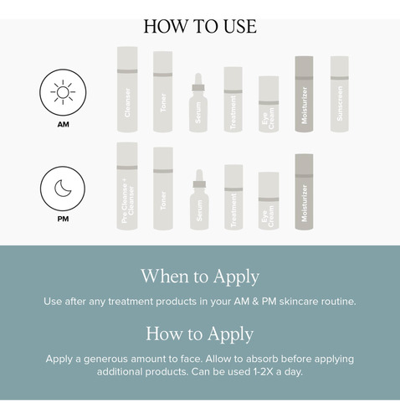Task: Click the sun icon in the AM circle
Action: pyautogui.click(x=63, y=92)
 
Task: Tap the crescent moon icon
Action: pyautogui.click(x=63, y=189)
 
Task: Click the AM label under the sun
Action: pyautogui.click(x=64, y=124)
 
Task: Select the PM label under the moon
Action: pyautogui.click(x=63, y=219)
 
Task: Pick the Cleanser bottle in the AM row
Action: pyautogui.click(x=127, y=89)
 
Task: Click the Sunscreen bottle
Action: pyautogui.click(x=340, y=94)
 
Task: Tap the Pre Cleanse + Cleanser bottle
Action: pyautogui.click(x=127, y=186)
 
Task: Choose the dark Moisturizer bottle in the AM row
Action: pyautogui.click(x=304, y=94)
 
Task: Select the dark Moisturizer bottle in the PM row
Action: pyautogui.click(x=304, y=192)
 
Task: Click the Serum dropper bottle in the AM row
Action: pyautogui.click(x=198, y=103)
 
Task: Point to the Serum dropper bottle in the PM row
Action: pyautogui.click(x=199, y=200)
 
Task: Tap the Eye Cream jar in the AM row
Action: pyautogui.click(x=269, y=104)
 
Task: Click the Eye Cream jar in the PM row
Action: pyautogui.click(x=269, y=201)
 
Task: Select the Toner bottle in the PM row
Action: pyautogui.click(x=163, y=189)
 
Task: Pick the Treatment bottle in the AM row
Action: pyautogui.click(x=233, y=99)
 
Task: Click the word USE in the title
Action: pyautogui.click(x=240, y=27)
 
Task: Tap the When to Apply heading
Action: pyautogui.click(x=200, y=277)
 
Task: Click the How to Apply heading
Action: pyautogui.click(x=200, y=334)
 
